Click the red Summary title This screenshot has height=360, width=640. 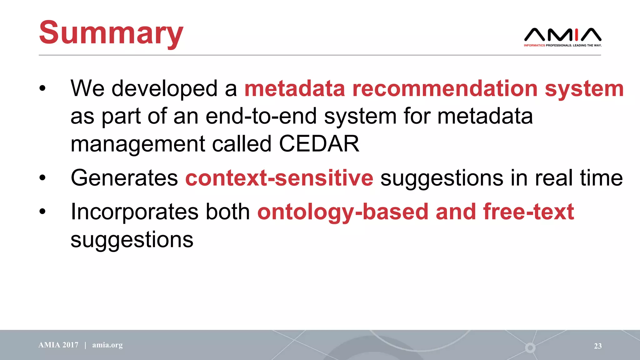pos(111,33)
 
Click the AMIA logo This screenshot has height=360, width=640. pos(562,35)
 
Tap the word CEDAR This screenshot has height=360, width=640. pos(319,144)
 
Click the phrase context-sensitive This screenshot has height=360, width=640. pos(279,178)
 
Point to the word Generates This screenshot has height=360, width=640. pos(124,178)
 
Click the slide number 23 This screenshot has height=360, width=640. pos(597,346)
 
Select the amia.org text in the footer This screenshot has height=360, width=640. pos(107,345)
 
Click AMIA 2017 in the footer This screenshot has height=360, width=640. pos(58,345)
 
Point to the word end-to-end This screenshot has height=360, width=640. pos(261,116)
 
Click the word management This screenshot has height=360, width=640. pos(138,144)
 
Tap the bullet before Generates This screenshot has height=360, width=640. pos(42,178)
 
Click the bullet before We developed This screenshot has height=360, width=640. pos(42,88)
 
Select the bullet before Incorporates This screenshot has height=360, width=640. pos(42,212)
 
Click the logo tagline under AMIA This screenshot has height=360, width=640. pos(562,45)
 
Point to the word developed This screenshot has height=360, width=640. pos(164,88)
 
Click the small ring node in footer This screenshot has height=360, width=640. pos(530,347)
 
